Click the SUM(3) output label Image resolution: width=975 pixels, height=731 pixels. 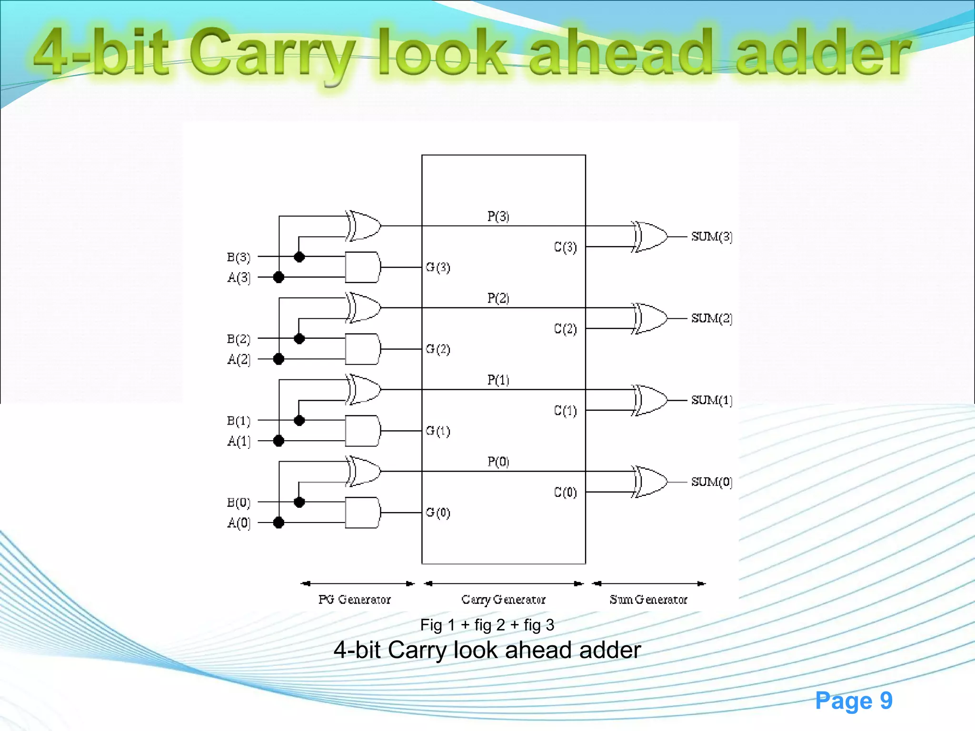click(711, 237)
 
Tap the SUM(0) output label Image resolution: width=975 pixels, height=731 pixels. click(711, 482)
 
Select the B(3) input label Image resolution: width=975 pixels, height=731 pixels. click(239, 257)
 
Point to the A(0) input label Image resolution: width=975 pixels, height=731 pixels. click(239, 523)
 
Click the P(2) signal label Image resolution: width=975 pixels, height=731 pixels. click(498, 298)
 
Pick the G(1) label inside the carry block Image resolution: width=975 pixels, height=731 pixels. click(438, 431)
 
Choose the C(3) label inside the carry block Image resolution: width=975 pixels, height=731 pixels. click(565, 247)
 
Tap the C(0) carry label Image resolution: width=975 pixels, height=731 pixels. click(565, 492)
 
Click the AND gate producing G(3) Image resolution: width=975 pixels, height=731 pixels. click(363, 267)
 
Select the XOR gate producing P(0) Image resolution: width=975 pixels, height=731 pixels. click(364, 471)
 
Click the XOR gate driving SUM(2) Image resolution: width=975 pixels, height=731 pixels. click(650, 318)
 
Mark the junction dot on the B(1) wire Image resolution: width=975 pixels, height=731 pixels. click(299, 420)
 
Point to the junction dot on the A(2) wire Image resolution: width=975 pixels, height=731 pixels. click(279, 359)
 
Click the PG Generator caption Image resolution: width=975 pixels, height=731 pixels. click(354, 600)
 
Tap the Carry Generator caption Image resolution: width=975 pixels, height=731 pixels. click(503, 600)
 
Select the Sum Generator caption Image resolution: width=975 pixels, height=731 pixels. click(648, 600)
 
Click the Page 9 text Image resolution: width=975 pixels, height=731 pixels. click(853, 701)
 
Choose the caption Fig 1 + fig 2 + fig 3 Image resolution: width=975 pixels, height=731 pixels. click(487, 625)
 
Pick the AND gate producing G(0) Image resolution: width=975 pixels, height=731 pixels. click(363, 513)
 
